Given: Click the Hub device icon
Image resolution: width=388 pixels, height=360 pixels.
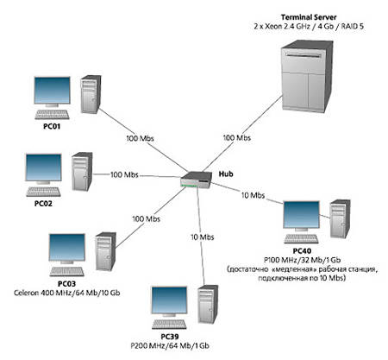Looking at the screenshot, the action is coord(196,180).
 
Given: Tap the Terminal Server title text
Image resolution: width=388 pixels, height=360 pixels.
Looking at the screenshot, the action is coord(309,17).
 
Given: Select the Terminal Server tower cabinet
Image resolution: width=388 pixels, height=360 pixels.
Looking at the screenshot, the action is coord(308,76).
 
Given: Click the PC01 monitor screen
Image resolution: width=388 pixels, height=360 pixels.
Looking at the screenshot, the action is coord(52,90).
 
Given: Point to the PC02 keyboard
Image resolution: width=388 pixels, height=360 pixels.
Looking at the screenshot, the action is coord(43,192).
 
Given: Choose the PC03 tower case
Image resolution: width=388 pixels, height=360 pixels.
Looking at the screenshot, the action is coord(105,251).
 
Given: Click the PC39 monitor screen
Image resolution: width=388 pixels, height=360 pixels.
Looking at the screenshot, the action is coord(169,300).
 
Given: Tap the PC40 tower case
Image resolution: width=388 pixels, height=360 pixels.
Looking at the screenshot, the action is coord(340,218).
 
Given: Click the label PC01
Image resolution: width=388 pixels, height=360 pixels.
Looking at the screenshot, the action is coord(52,126).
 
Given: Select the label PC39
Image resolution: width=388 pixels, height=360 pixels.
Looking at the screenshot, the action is coord(170,337).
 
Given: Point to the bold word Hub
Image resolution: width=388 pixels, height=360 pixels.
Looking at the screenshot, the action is coord(226,174).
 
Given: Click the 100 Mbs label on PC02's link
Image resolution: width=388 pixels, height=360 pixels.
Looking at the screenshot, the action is coord(124,174).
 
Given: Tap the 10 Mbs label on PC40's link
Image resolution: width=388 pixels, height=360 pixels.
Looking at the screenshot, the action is coord(253,195).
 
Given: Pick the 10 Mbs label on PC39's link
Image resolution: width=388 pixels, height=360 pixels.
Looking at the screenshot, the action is coord(203,237).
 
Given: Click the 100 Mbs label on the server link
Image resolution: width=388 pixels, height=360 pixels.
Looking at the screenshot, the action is coord(237,138).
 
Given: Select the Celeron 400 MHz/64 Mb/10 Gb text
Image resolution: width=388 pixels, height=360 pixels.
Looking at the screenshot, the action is coord(67,293).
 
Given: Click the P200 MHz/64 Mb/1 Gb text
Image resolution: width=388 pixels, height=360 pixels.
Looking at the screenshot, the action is coord(170,345).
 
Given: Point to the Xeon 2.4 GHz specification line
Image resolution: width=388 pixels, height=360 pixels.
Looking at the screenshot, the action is coord(309,27).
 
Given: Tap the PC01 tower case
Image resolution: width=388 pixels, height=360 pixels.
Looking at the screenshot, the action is coord(91,94).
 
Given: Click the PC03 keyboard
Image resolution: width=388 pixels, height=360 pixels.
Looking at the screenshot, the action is coord(67,272).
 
